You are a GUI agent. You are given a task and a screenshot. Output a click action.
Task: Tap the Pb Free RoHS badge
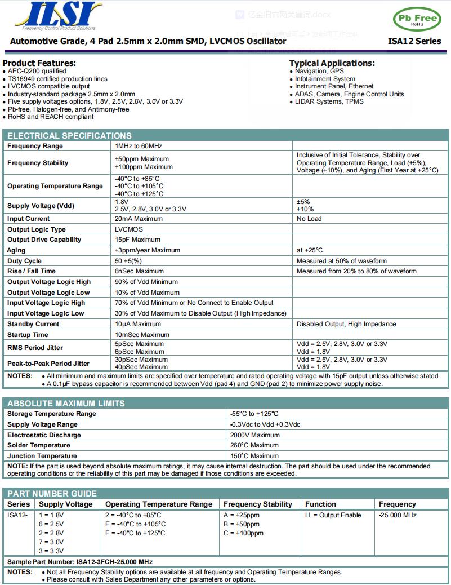[x=417, y=19]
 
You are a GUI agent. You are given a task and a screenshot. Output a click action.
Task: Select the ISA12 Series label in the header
[x=414, y=41]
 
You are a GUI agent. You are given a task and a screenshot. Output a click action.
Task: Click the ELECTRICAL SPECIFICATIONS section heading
[x=69, y=135]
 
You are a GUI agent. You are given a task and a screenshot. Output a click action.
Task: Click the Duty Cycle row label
[x=24, y=261]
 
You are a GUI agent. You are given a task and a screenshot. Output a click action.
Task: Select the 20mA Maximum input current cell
[x=139, y=219]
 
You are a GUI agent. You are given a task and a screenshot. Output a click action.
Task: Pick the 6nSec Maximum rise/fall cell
[x=139, y=271]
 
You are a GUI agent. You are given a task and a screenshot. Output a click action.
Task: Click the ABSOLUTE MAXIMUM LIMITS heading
[x=66, y=404]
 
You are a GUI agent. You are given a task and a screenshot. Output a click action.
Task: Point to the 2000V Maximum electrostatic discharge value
[x=254, y=435]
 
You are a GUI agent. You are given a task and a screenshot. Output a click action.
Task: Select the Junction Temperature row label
[x=42, y=456]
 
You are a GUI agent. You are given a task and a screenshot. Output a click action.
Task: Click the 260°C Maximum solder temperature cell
[x=254, y=445]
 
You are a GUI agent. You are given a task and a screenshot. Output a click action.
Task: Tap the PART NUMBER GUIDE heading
[x=52, y=494]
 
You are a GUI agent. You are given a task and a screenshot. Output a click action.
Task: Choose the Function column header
[x=320, y=504]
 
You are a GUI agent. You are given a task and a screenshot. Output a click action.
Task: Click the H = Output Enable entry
[x=333, y=515]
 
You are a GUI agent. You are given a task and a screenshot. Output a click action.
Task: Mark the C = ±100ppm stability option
[x=243, y=533]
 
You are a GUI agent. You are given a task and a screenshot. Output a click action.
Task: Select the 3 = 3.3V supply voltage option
[x=51, y=551]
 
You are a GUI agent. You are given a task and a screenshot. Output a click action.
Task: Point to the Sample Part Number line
[x=80, y=562]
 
